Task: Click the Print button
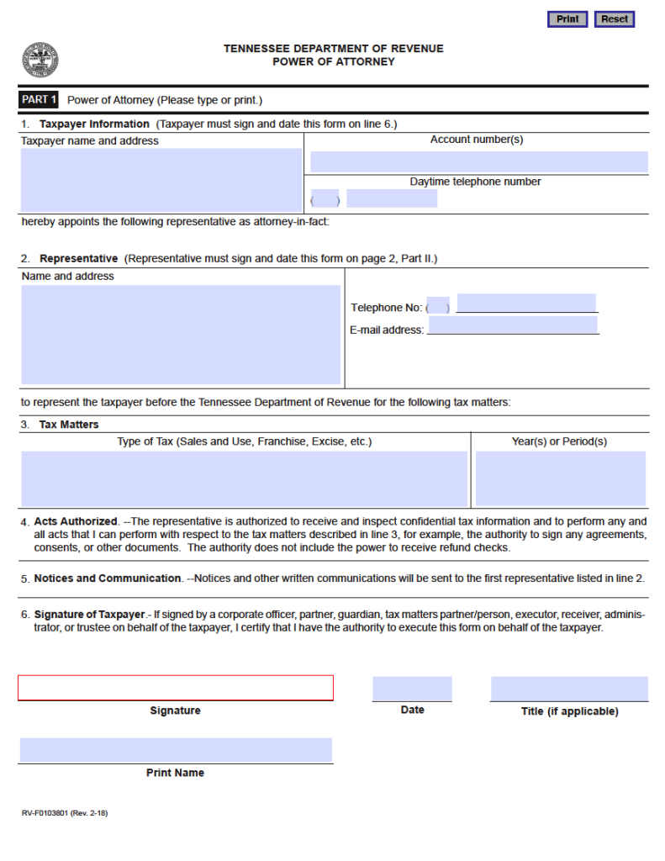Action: coord(567,19)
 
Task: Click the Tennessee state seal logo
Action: coord(40,60)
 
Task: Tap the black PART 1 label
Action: coord(39,100)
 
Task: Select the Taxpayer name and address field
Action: coord(161,180)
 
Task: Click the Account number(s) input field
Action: coord(478,161)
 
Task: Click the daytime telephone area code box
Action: coord(325,199)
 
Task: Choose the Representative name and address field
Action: coord(181,334)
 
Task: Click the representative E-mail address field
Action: coord(513,325)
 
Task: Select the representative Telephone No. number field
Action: coord(526,303)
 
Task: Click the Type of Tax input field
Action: coord(244,478)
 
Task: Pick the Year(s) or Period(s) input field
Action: coord(560,478)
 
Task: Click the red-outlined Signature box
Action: coord(176,688)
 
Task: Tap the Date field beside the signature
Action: coord(412,689)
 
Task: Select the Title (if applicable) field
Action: coord(569,689)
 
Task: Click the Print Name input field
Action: coord(176,750)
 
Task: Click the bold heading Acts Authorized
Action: coord(76,522)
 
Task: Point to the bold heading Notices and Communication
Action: coord(108,578)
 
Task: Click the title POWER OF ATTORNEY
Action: coord(333,61)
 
